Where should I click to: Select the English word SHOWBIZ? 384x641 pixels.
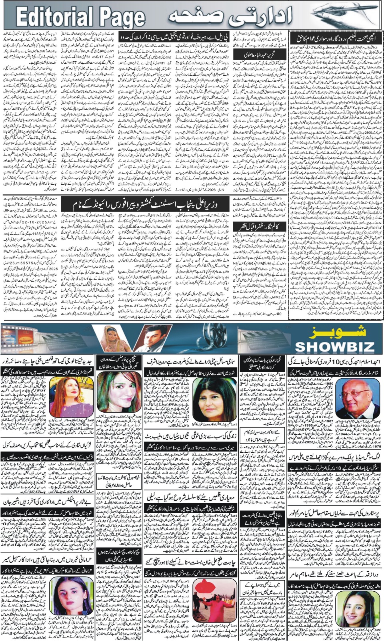point(334,347)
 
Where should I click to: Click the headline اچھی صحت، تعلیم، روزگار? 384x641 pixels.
point(336,39)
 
